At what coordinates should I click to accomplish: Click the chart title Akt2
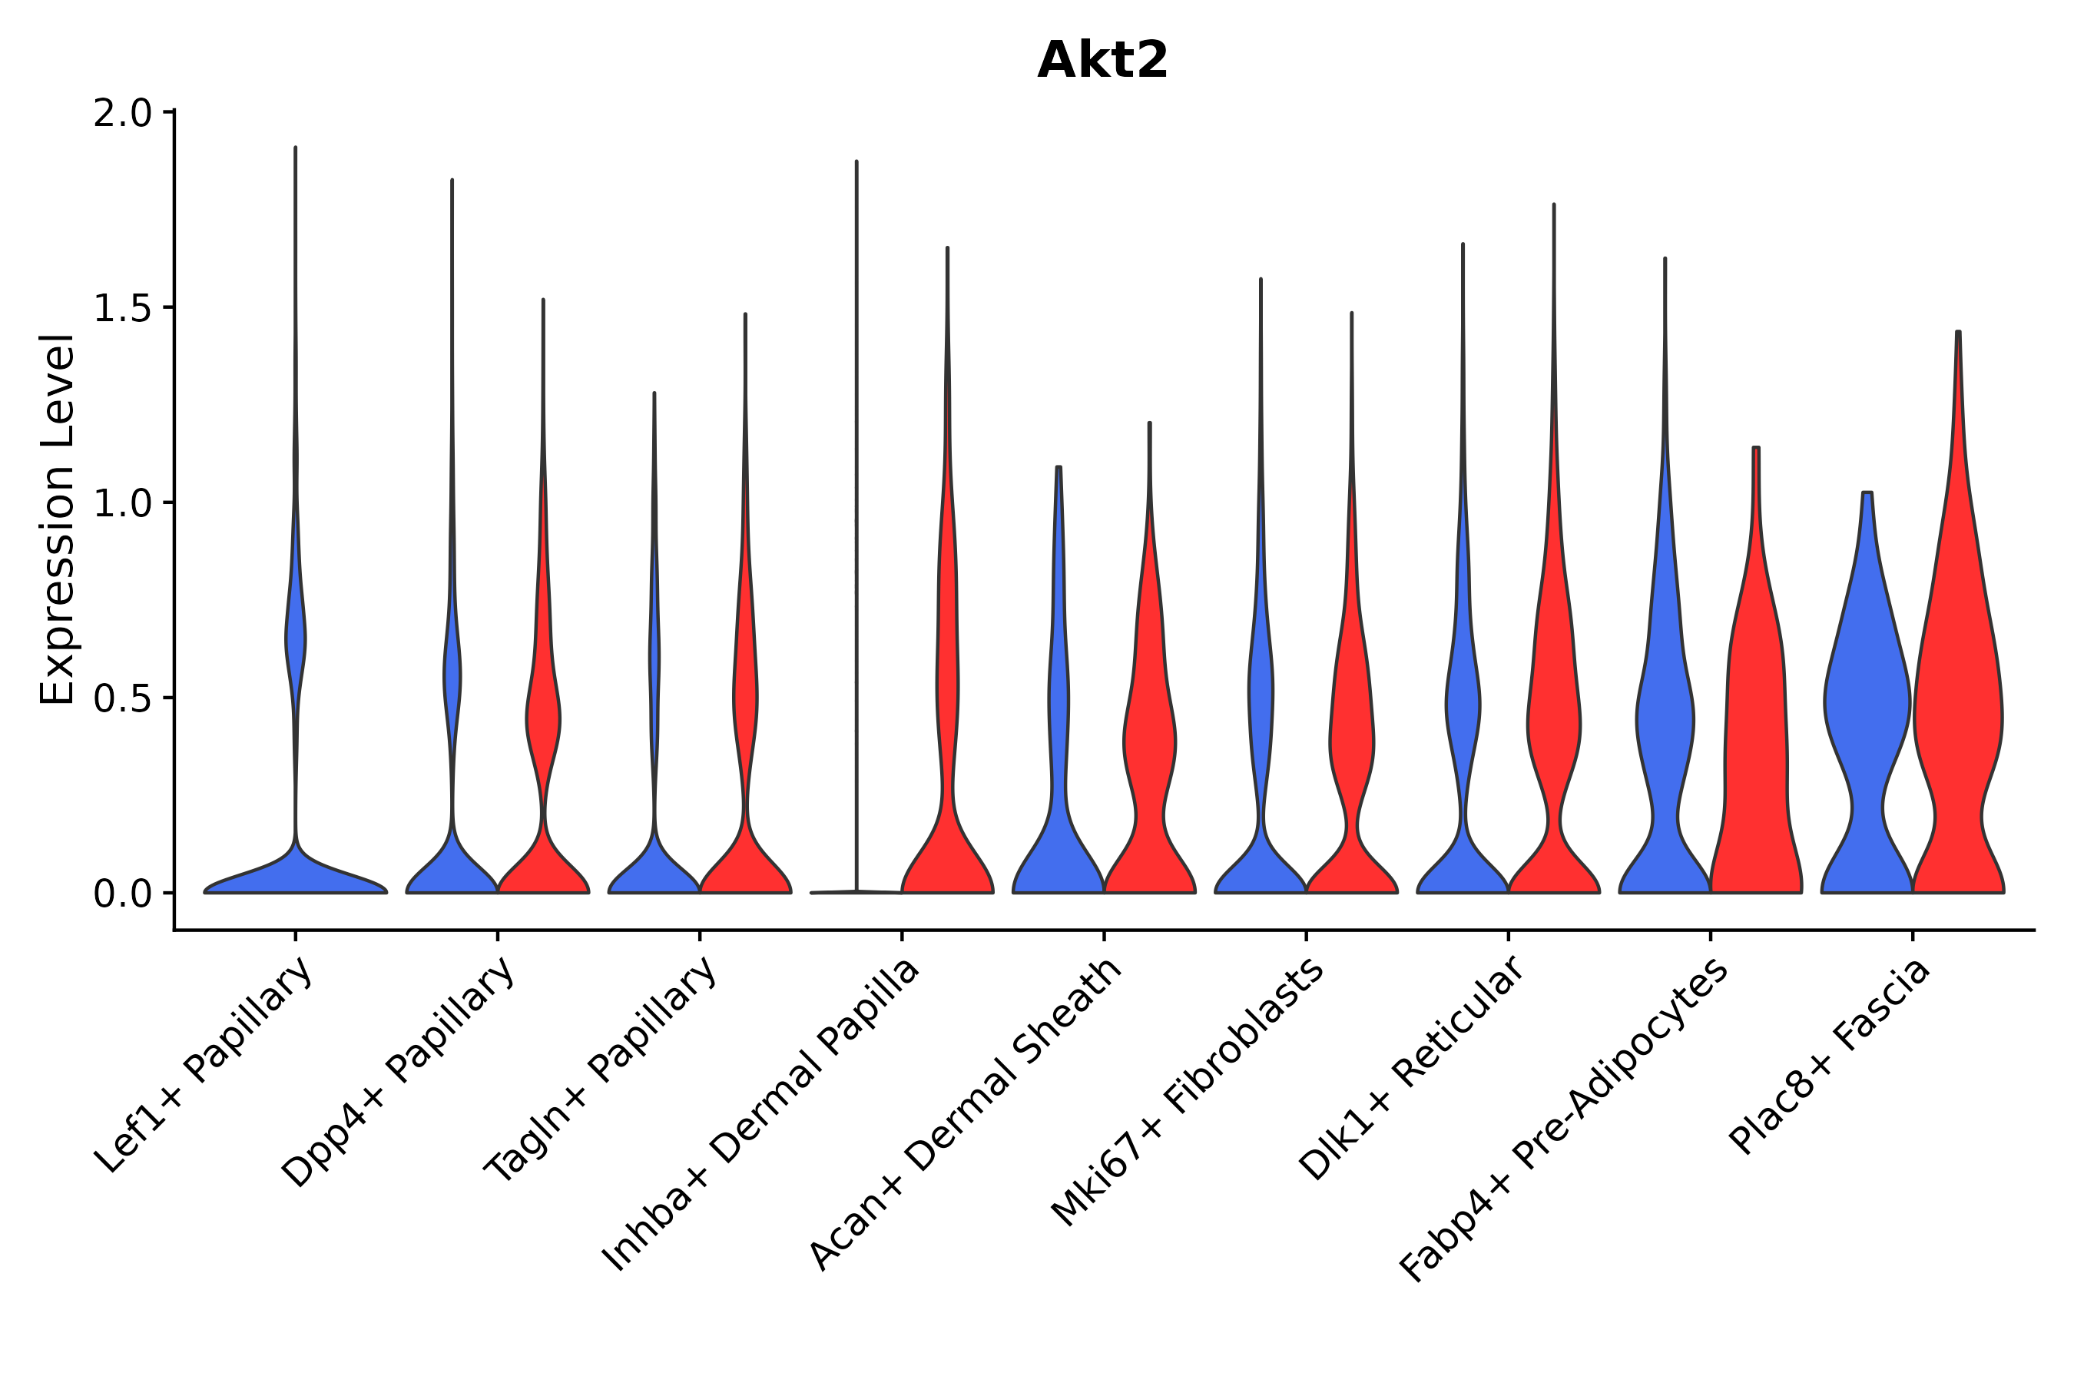[x=1102, y=60]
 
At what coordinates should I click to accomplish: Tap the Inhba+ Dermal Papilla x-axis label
[x=760, y=1116]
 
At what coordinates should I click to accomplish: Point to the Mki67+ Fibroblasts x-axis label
[x=1187, y=1093]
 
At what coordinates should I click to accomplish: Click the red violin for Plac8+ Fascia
[x=1957, y=705]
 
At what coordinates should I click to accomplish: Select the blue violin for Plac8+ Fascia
[x=1867, y=705]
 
